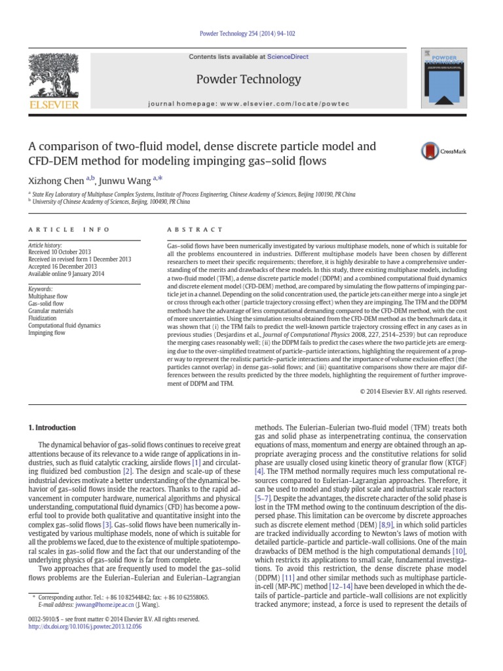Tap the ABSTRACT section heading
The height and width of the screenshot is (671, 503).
pos(187,230)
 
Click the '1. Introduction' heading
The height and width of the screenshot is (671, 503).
pos(56,427)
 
